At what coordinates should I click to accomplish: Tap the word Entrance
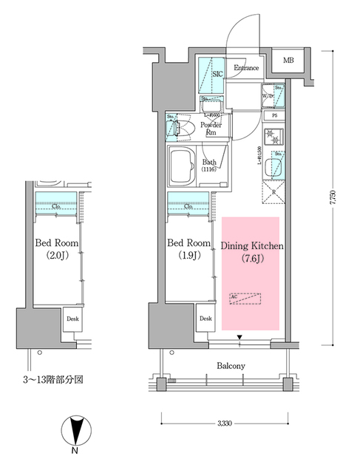[245, 69]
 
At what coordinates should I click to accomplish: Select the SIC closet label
[217, 75]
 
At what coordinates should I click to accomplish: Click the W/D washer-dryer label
[267, 96]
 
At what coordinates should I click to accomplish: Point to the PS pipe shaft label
[274, 116]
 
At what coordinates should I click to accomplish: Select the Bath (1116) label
[210, 166]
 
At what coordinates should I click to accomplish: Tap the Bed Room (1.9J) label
[189, 251]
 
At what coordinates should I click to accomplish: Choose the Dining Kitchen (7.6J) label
[248, 252]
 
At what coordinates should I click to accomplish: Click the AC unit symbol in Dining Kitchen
[246, 299]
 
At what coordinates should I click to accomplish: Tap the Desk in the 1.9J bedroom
[205, 319]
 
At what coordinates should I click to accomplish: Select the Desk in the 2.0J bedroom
[72, 319]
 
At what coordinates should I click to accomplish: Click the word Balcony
[231, 366]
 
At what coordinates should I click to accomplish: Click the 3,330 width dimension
[226, 423]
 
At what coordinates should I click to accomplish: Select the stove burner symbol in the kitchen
[272, 137]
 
